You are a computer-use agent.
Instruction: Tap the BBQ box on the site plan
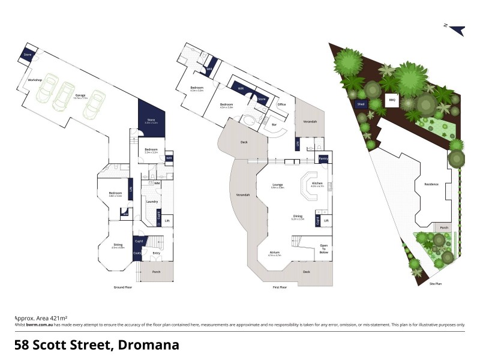(392, 100)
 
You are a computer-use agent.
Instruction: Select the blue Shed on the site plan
(361, 104)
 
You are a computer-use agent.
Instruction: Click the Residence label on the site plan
(431, 184)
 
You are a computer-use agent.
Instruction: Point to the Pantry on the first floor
(323, 159)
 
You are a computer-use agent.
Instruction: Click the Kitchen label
(317, 182)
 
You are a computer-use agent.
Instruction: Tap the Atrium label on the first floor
(275, 252)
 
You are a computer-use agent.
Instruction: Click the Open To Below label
(323, 249)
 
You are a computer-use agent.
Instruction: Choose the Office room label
(281, 104)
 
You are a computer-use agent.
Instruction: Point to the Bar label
(274, 124)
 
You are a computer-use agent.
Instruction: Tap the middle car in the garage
(62, 95)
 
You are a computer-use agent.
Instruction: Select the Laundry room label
(152, 202)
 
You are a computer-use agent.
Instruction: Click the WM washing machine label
(156, 183)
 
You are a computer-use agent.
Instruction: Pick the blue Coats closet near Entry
(137, 253)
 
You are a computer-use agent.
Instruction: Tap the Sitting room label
(118, 245)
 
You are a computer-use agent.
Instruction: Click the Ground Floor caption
(123, 287)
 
